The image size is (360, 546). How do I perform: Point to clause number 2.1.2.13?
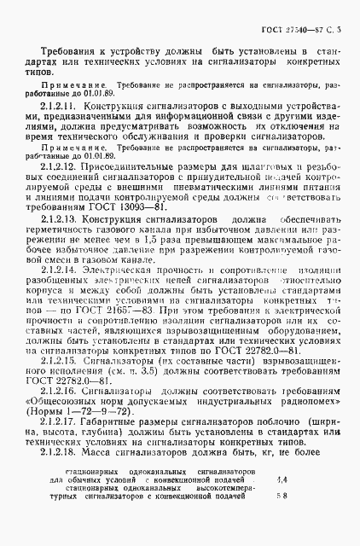[x=58, y=220]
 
